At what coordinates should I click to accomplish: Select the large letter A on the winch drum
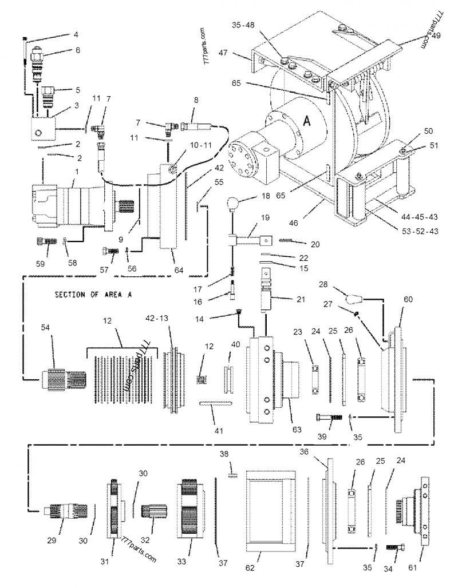pos(306,121)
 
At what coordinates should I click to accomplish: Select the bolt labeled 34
pos(396,548)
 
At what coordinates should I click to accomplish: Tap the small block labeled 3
pos(42,129)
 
